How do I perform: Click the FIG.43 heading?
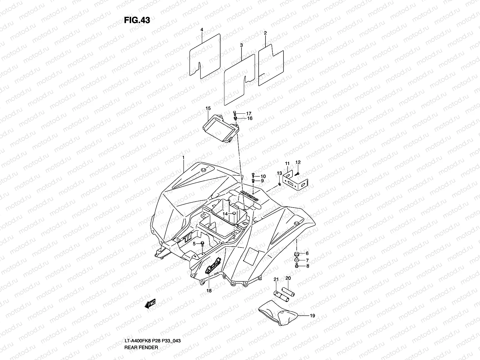[x=137, y=20]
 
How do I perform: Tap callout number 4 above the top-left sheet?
[x=202, y=30]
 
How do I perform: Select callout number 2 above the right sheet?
[x=265, y=33]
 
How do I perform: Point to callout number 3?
[x=241, y=45]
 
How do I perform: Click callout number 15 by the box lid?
[x=208, y=108]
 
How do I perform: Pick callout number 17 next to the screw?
[x=249, y=113]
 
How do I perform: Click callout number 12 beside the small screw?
[x=298, y=162]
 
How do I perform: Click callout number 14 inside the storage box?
[x=225, y=214]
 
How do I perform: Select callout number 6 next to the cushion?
[x=307, y=254]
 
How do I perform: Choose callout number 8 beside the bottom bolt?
[x=307, y=266]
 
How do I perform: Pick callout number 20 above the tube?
[x=288, y=278]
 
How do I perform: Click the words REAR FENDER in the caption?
[x=141, y=347]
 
